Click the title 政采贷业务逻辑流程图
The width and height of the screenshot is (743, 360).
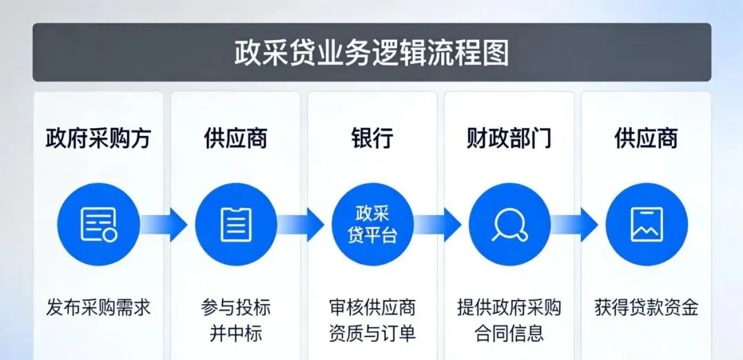(x=371, y=53)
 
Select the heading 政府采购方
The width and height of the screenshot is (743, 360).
(x=98, y=139)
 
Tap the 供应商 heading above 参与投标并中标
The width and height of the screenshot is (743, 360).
(x=235, y=139)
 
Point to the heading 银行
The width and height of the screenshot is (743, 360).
(x=372, y=139)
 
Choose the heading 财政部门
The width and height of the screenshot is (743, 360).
(x=509, y=139)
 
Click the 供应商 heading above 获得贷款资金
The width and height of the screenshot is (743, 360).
(x=646, y=139)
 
